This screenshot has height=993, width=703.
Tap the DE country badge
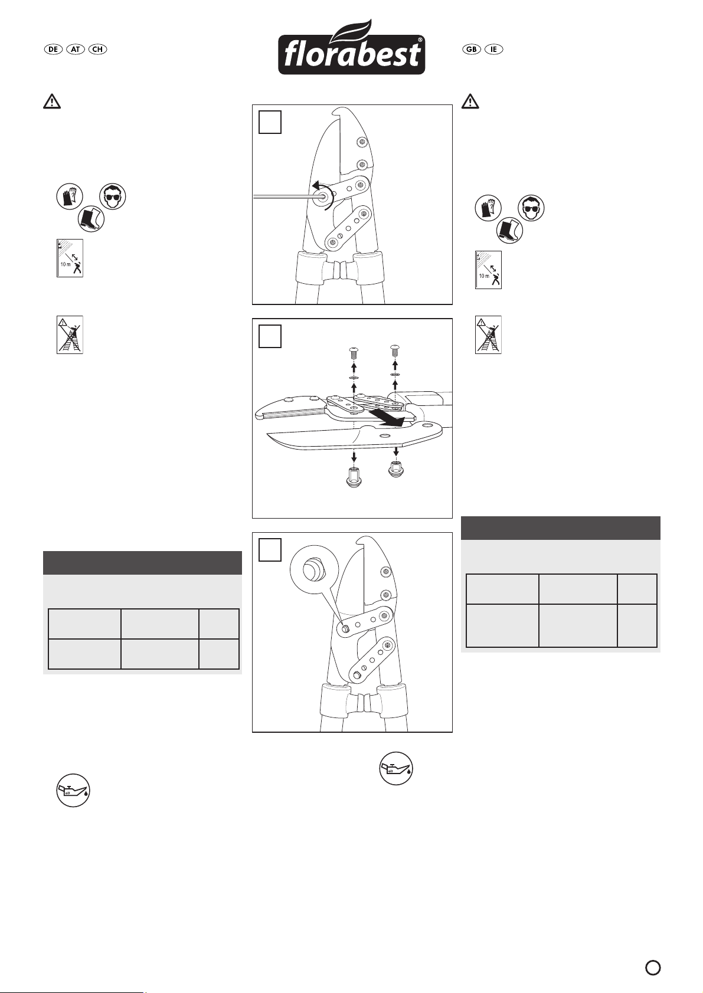click(x=53, y=49)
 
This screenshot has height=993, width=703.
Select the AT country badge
click(x=76, y=49)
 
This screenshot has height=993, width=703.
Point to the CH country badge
click(x=97, y=49)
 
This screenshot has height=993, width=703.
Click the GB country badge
click(x=472, y=49)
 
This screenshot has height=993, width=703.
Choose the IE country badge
click(x=493, y=49)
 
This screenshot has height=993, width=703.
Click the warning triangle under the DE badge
click(x=52, y=101)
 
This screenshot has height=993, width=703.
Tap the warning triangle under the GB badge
click(x=470, y=101)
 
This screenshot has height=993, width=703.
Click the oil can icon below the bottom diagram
click(x=396, y=768)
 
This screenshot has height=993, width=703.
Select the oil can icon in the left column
click(x=73, y=791)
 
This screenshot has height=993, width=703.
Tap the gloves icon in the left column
click(x=70, y=196)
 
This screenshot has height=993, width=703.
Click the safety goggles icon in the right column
click(x=531, y=208)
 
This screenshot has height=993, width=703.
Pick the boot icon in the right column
click(x=509, y=231)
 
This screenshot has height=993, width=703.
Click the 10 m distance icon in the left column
click(x=70, y=258)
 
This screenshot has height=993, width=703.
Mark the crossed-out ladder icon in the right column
click(x=488, y=335)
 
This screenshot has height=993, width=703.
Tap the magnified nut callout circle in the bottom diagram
click(x=315, y=569)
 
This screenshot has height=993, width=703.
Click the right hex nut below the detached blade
click(x=395, y=469)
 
